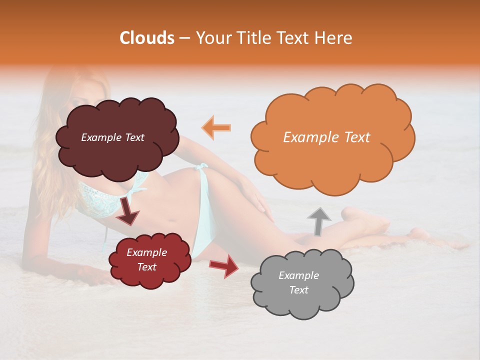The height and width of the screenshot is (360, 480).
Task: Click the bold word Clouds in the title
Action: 147,38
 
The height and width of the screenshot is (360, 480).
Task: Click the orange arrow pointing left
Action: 216,127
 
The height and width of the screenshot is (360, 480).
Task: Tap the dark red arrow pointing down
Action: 128,211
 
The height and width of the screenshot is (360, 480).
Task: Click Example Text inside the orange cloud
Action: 326,137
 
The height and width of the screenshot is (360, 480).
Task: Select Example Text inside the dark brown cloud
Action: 112,137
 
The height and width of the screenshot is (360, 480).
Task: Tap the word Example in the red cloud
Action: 146,252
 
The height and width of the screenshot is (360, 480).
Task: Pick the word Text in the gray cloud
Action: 298,290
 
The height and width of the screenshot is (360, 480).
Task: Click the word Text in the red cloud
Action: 146,267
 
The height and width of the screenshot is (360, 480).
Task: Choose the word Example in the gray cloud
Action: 298,275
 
